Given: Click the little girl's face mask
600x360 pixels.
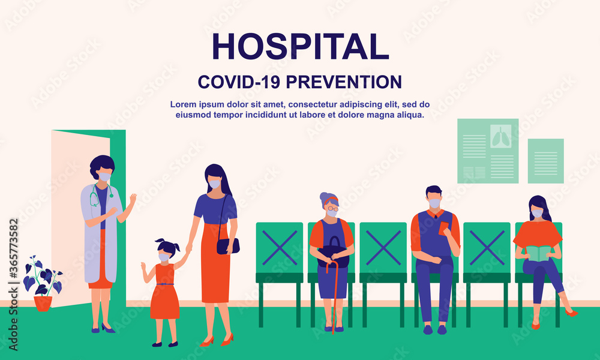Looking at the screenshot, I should [164, 257].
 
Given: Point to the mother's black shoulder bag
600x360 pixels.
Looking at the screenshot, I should [228, 245].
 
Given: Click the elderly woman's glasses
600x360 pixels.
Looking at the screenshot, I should [332, 206].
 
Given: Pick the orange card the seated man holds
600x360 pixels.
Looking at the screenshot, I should [444, 229].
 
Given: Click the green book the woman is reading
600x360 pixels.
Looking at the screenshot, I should [538, 253].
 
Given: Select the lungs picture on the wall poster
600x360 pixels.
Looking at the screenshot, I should [500, 136].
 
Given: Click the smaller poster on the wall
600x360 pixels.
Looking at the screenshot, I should [545, 160].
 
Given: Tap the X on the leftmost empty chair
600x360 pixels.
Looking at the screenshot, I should [279, 247].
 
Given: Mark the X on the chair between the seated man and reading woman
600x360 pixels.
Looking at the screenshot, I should [487, 247].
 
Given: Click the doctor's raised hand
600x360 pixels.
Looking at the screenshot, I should [132, 199].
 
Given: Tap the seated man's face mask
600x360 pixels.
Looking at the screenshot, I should [434, 204].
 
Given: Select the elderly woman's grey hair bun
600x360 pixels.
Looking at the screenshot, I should [325, 197].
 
